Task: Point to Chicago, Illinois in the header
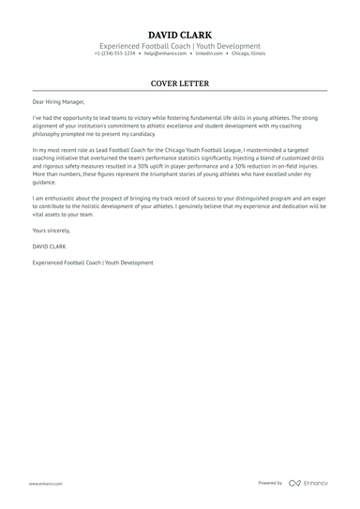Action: click(x=246, y=53)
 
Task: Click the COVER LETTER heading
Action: click(x=179, y=83)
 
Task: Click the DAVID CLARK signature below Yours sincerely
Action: click(x=48, y=246)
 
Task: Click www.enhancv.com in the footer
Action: click(x=45, y=483)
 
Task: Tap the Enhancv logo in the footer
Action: click(x=308, y=483)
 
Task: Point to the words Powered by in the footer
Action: click(x=270, y=483)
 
